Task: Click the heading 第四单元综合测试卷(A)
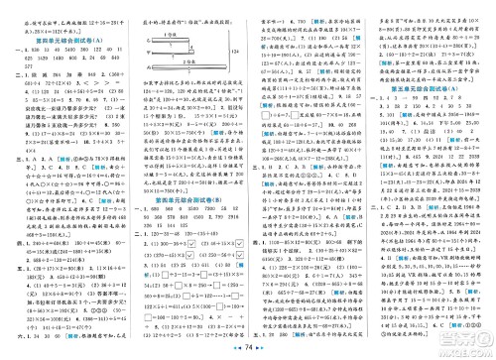(x=65, y=35)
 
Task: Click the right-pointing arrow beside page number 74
(x=260, y=349)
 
